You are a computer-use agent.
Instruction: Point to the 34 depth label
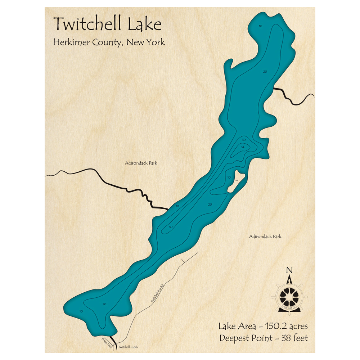[x=243, y=147]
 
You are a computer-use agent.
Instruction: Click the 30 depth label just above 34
[x=244, y=140]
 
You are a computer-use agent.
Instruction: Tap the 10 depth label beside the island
[x=229, y=177]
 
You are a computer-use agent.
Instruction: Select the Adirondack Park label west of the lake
[x=141, y=163]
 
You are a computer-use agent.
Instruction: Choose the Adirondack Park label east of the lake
[x=265, y=237]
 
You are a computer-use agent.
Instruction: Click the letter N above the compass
[x=289, y=270]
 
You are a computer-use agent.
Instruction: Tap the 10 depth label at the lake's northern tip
[x=260, y=26]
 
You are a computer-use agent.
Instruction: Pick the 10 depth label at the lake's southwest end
[x=81, y=311]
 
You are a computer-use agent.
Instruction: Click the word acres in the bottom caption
[x=297, y=326]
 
